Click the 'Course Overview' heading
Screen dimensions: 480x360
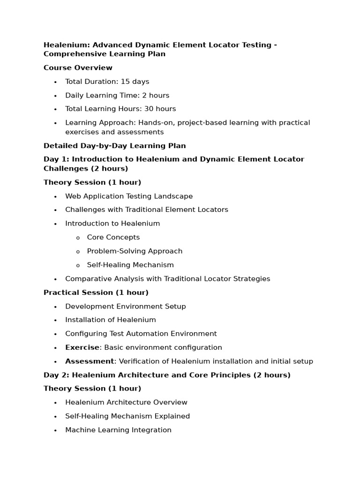78,68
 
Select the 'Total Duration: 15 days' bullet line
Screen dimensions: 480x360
107,82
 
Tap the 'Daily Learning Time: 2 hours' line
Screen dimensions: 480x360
117,95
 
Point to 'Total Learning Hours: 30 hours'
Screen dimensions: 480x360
120,109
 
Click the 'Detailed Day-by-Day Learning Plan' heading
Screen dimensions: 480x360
114,146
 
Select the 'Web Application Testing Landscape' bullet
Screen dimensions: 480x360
129,196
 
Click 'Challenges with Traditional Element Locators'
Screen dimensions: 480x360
146,210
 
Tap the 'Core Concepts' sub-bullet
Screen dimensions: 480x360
113,237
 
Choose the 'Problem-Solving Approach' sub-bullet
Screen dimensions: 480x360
135,251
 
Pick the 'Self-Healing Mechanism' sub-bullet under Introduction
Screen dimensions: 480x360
130,265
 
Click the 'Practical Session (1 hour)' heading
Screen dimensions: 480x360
96,292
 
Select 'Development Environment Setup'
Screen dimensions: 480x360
125,307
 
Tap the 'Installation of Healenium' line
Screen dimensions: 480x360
110,320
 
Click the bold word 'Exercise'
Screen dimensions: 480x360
82,347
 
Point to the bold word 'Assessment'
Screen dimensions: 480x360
89,361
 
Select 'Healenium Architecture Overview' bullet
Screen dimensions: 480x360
126,402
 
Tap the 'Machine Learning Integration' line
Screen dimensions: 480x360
118,430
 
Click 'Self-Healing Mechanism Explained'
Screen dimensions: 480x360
127,416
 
